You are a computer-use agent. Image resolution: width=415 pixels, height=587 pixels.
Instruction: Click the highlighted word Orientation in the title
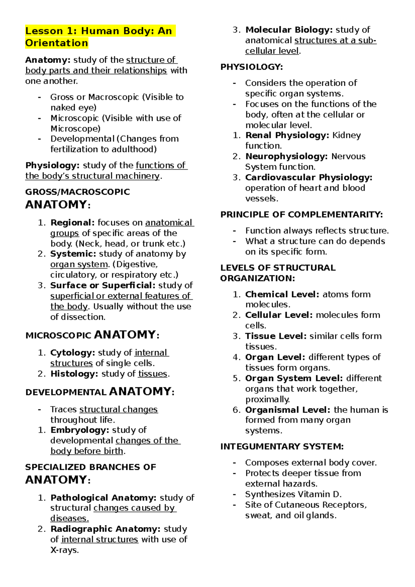pyautogui.click(x=56, y=43)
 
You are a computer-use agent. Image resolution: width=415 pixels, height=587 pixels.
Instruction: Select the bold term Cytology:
pyautogui.click(x=73, y=353)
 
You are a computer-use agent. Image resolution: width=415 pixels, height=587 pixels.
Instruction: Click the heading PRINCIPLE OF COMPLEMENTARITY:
pyautogui.click(x=302, y=215)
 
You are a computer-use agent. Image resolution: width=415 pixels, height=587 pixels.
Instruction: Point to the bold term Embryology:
pyautogui.click(x=80, y=430)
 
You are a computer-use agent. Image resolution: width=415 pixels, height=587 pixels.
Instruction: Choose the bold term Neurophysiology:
pyautogui.click(x=286, y=156)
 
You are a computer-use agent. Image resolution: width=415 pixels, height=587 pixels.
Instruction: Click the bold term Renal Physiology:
pyautogui.click(x=287, y=135)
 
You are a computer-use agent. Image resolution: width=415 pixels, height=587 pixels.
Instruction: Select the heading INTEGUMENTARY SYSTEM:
pyautogui.click(x=282, y=447)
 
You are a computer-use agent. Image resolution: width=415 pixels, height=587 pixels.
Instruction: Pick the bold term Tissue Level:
pyautogui.click(x=276, y=336)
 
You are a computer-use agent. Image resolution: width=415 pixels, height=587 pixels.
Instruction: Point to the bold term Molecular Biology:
pyautogui.click(x=289, y=30)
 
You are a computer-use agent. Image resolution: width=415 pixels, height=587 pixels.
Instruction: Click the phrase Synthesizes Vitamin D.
pyautogui.click(x=293, y=494)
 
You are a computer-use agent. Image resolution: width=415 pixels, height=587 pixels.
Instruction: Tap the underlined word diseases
pyautogui.click(x=69, y=519)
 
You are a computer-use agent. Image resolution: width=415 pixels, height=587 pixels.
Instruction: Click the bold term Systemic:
pyautogui.click(x=73, y=254)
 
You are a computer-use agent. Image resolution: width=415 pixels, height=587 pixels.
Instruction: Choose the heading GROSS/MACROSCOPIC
pyautogui.click(x=77, y=192)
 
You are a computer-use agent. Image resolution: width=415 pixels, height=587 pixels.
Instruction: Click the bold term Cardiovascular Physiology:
pyautogui.click(x=308, y=177)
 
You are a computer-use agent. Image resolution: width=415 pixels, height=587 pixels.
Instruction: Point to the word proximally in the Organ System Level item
pyautogui.click(x=267, y=400)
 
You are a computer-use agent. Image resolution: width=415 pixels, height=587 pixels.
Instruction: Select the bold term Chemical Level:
pyautogui.click(x=282, y=294)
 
